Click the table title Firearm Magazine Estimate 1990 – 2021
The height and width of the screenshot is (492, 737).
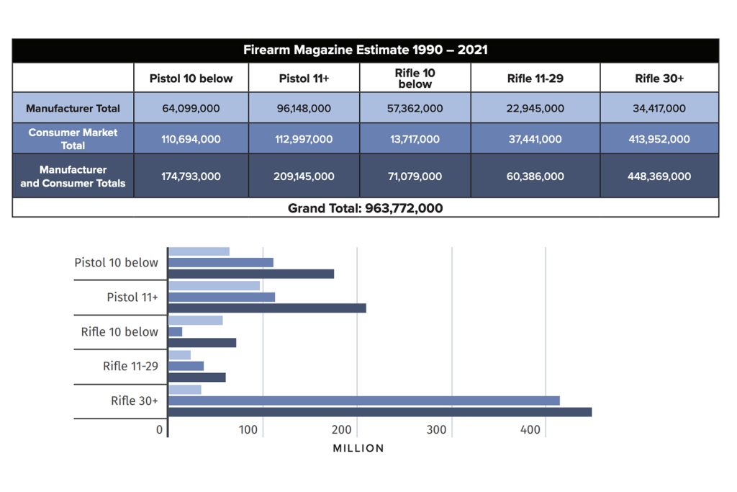[365, 50]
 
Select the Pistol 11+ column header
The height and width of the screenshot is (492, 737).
[304, 79]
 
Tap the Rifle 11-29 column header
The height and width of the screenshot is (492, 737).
[535, 79]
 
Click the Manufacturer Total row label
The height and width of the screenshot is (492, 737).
[73, 109]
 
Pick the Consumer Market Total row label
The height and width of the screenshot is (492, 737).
[73, 139]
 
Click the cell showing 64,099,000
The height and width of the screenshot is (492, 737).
[191, 109]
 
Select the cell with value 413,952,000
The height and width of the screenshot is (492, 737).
[659, 139]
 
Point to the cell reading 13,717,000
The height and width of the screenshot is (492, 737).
[415, 139]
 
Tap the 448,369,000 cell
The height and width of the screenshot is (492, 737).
[659, 176]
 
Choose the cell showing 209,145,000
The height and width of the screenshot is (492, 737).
[304, 176]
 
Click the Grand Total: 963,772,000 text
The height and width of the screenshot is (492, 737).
[365, 208]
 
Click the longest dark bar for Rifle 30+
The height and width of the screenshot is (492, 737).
[379, 412]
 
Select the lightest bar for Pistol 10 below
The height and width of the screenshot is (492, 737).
[199, 251]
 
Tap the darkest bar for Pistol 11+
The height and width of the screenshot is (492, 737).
[267, 308]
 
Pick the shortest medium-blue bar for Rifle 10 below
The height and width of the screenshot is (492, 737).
[176, 331]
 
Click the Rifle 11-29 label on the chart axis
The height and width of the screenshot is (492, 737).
[130, 366]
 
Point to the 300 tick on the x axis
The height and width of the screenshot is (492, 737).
[436, 430]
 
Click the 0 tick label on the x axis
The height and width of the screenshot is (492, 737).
[160, 430]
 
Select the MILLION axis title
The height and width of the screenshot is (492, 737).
[358, 448]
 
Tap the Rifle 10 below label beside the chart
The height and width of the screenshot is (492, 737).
[119, 331]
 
